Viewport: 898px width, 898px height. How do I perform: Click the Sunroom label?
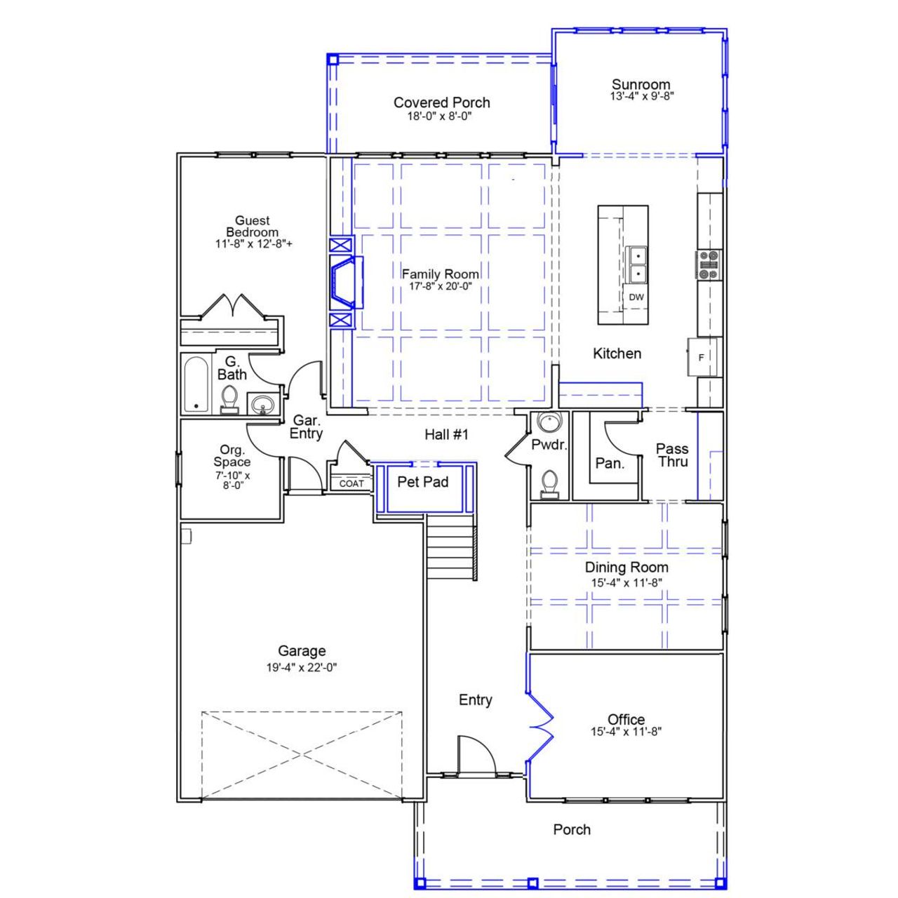(x=641, y=85)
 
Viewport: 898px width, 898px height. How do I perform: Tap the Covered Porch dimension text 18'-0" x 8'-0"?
(x=439, y=116)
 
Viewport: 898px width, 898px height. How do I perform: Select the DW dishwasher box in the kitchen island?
(x=636, y=297)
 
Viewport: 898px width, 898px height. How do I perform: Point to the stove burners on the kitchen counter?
(x=709, y=265)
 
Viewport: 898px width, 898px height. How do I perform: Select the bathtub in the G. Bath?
(x=196, y=384)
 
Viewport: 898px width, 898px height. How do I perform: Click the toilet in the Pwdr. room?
(x=549, y=483)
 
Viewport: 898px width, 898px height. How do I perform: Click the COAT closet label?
(x=351, y=483)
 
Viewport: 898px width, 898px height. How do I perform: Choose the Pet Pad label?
(x=422, y=482)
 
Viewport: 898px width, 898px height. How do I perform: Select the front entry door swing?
(x=476, y=756)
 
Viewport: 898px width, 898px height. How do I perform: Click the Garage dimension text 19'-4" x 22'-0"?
(x=302, y=668)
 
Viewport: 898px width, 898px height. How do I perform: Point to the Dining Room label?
(x=626, y=568)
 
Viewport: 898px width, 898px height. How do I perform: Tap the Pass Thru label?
(x=672, y=455)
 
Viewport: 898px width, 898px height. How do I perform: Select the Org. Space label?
(x=232, y=456)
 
